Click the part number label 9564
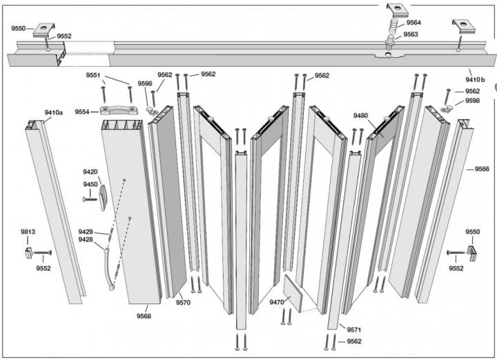[413, 22]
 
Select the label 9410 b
[475, 80]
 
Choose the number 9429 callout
[86, 232]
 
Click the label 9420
[90, 172]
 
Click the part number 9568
[145, 317]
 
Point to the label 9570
[183, 302]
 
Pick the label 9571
[354, 330]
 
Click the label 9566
[482, 169]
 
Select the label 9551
[93, 75]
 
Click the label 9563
[411, 34]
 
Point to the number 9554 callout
[82, 112]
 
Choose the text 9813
[28, 232]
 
